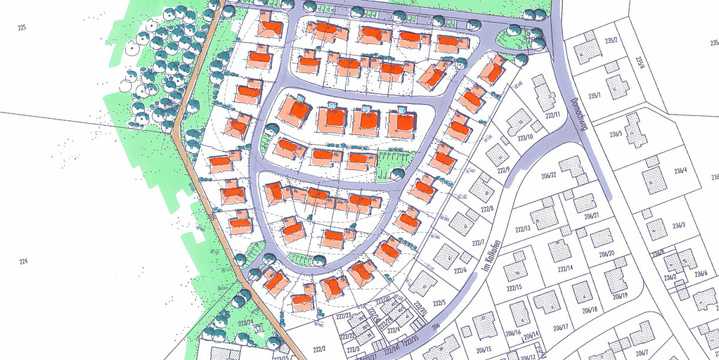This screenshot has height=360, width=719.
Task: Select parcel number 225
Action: pyautogui.click(x=22, y=27)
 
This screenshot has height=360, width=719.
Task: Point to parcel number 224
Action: pyautogui.click(x=23, y=262)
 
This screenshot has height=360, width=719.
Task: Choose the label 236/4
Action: pyautogui.click(x=681, y=170)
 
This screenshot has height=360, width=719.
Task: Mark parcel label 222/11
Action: pyautogui.click(x=552, y=115)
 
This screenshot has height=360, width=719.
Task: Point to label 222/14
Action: pyautogui.click(x=565, y=269)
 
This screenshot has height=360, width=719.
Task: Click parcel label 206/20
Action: pyautogui.click(x=607, y=254)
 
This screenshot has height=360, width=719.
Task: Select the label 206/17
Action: pyautogui.click(x=560, y=327)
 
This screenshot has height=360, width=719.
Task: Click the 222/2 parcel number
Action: pyautogui.click(x=319, y=349)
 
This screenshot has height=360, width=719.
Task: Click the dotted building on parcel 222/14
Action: pyautogui.click(x=560, y=250)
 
